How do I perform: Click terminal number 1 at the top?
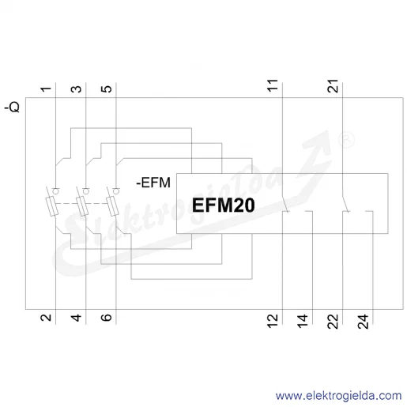46,89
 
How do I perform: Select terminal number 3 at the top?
77,89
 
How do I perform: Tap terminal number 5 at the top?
107,89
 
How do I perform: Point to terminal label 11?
273,85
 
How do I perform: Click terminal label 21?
333,85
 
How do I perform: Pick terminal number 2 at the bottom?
46,317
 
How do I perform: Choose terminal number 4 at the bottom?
77,318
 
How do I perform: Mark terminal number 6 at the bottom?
107,318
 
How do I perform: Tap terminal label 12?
273,321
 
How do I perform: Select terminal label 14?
303,321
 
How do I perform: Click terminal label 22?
333,322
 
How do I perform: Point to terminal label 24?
363,322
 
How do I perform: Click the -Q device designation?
12,107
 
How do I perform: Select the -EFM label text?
153,183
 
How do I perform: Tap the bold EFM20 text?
224,205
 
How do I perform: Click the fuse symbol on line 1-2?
52,206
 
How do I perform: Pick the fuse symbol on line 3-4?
82,206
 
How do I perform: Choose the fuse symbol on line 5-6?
112,206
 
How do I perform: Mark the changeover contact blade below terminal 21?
345,204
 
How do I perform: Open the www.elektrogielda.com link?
338,396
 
